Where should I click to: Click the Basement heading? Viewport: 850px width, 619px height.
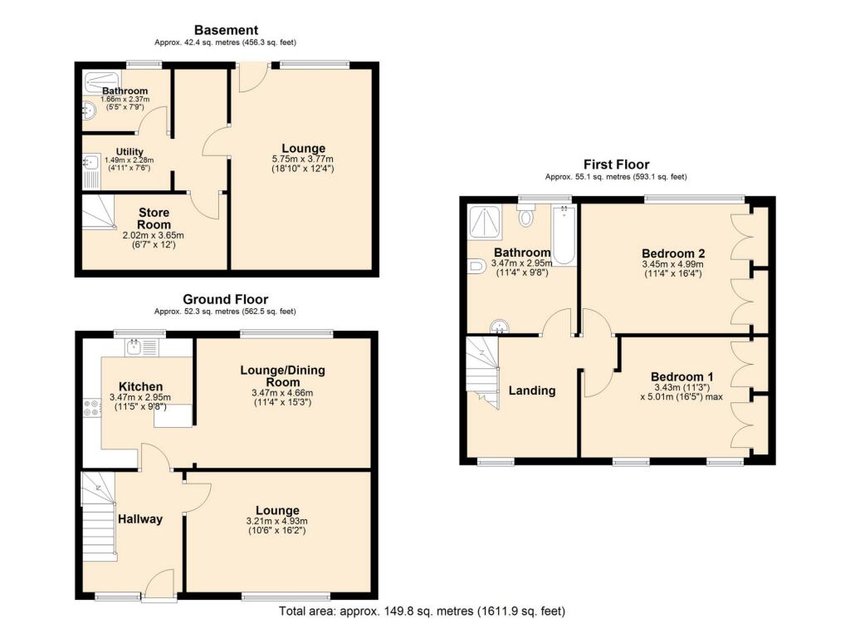[226, 31]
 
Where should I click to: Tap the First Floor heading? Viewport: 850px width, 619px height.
[616, 165]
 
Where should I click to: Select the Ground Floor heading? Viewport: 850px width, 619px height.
[226, 299]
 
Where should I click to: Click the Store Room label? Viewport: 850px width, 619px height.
[154, 219]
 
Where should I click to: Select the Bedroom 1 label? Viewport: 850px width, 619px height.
[681, 376]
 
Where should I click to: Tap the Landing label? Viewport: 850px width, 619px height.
[531, 391]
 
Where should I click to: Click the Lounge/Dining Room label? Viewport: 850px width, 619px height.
[281, 376]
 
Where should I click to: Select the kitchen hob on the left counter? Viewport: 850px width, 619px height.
[90, 408]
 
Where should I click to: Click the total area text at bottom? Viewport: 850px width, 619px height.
[422, 612]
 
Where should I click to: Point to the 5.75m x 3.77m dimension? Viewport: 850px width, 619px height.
[302, 160]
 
